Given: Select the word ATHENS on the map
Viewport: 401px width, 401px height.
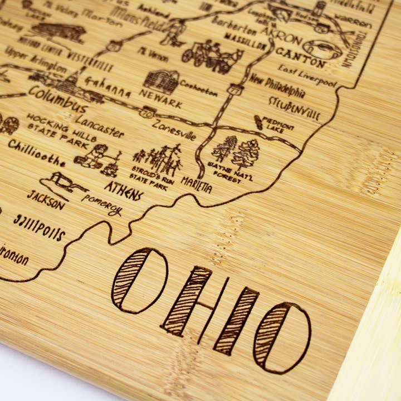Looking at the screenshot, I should tap(124, 190).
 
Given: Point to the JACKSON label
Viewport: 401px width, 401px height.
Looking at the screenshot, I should tap(45, 200).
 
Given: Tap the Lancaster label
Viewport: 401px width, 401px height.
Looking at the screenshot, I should tap(100, 126).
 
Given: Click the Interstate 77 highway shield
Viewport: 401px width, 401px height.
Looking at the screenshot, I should tap(234, 89).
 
